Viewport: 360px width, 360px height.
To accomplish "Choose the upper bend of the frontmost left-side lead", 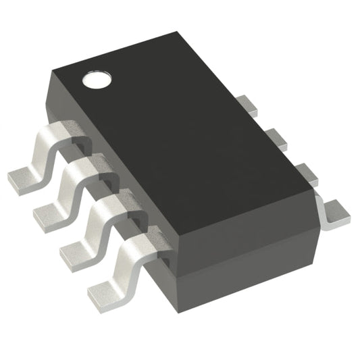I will click(138, 239).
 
